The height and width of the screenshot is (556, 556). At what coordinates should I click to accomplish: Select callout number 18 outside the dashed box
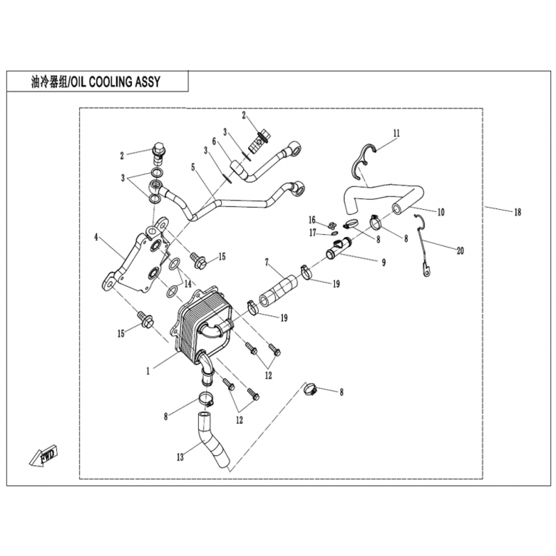click(x=518, y=212)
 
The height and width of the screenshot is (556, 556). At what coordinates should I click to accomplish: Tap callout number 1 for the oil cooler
click(x=148, y=371)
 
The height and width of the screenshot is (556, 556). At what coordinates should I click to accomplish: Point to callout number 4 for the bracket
click(x=96, y=237)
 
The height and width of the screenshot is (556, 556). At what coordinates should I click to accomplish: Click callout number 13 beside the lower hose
click(x=180, y=457)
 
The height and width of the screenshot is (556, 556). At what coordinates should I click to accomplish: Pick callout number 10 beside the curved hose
click(x=441, y=212)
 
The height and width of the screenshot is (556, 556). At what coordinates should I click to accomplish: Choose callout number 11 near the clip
click(x=396, y=133)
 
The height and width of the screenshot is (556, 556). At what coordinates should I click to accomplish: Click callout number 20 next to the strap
click(x=460, y=251)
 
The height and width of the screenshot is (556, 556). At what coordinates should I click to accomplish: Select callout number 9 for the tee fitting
click(x=384, y=262)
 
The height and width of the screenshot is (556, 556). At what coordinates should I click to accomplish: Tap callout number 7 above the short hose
click(x=267, y=263)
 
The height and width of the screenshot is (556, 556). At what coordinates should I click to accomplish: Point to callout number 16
click(x=311, y=220)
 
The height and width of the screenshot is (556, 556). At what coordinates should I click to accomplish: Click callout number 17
click(x=312, y=234)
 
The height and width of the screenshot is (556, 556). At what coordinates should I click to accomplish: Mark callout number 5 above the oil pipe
click(x=193, y=167)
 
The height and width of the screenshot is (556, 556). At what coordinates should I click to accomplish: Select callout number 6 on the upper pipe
click(x=214, y=141)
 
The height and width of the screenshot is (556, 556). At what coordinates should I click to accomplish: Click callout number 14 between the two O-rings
click(x=188, y=284)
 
